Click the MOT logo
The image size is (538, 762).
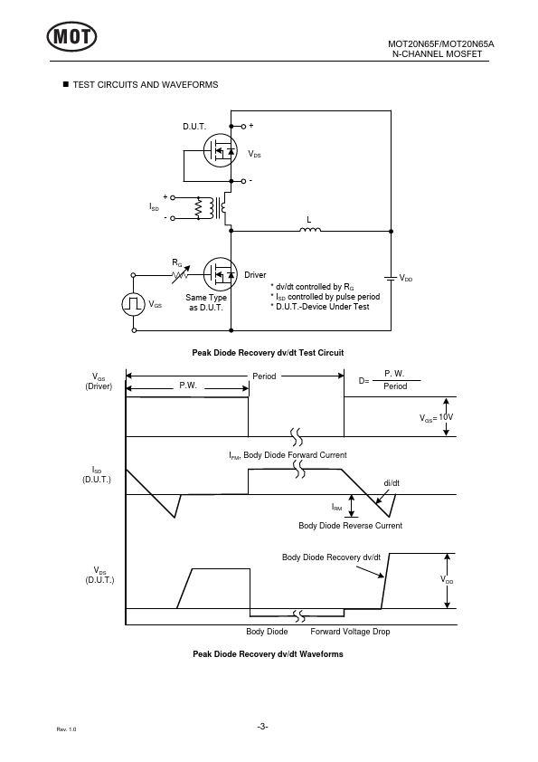point(71,36)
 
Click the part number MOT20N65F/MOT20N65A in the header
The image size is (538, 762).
point(441,43)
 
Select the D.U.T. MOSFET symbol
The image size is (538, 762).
point(220,150)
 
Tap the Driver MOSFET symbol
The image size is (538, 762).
point(220,274)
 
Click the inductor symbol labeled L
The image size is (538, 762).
point(310,230)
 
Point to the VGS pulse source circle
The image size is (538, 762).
point(134,304)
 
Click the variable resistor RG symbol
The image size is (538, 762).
point(181,274)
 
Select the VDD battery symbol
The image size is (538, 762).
point(391,278)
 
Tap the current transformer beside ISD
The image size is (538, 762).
point(212,208)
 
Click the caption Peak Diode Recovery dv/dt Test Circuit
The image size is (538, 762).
point(268,353)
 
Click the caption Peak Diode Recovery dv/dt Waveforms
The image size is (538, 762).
point(268,654)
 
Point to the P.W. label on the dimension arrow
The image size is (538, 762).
point(188,386)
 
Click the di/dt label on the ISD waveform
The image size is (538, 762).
point(392,483)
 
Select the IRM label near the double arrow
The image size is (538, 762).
point(337,508)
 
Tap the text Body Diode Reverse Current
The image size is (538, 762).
point(350,525)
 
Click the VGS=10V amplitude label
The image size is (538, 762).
point(436,417)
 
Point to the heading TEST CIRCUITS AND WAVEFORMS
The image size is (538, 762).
point(146,84)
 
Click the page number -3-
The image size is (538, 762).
point(263,727)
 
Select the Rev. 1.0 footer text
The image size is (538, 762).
point(67,729)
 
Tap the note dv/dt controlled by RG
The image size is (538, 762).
point(312,287)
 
